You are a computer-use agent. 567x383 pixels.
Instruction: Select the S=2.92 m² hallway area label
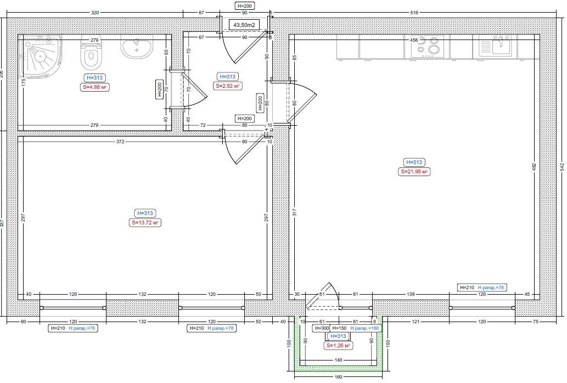click(x=227, y=86)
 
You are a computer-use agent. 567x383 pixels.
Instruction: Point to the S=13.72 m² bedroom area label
click(x=145, y=223)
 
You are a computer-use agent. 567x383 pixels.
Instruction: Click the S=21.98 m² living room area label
click(x=414, y=172)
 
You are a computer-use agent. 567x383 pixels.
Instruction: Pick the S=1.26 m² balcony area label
click(x=338, y=346)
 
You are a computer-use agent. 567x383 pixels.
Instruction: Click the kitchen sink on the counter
click(x=498, y=46)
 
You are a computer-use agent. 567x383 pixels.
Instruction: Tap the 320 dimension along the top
click(x=95, y=12)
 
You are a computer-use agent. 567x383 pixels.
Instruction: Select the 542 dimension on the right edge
click(x=562, y=166)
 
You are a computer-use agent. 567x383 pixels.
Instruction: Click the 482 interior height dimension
click(x=533, y=166)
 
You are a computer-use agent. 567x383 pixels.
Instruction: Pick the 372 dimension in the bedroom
click(x=120, y=142)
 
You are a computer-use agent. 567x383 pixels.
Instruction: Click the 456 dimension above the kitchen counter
click(x=414, y=40)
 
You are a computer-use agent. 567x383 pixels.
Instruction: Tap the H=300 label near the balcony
click(x=321, y=328)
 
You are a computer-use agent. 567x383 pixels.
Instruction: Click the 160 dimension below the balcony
click(x=338, y=378)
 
